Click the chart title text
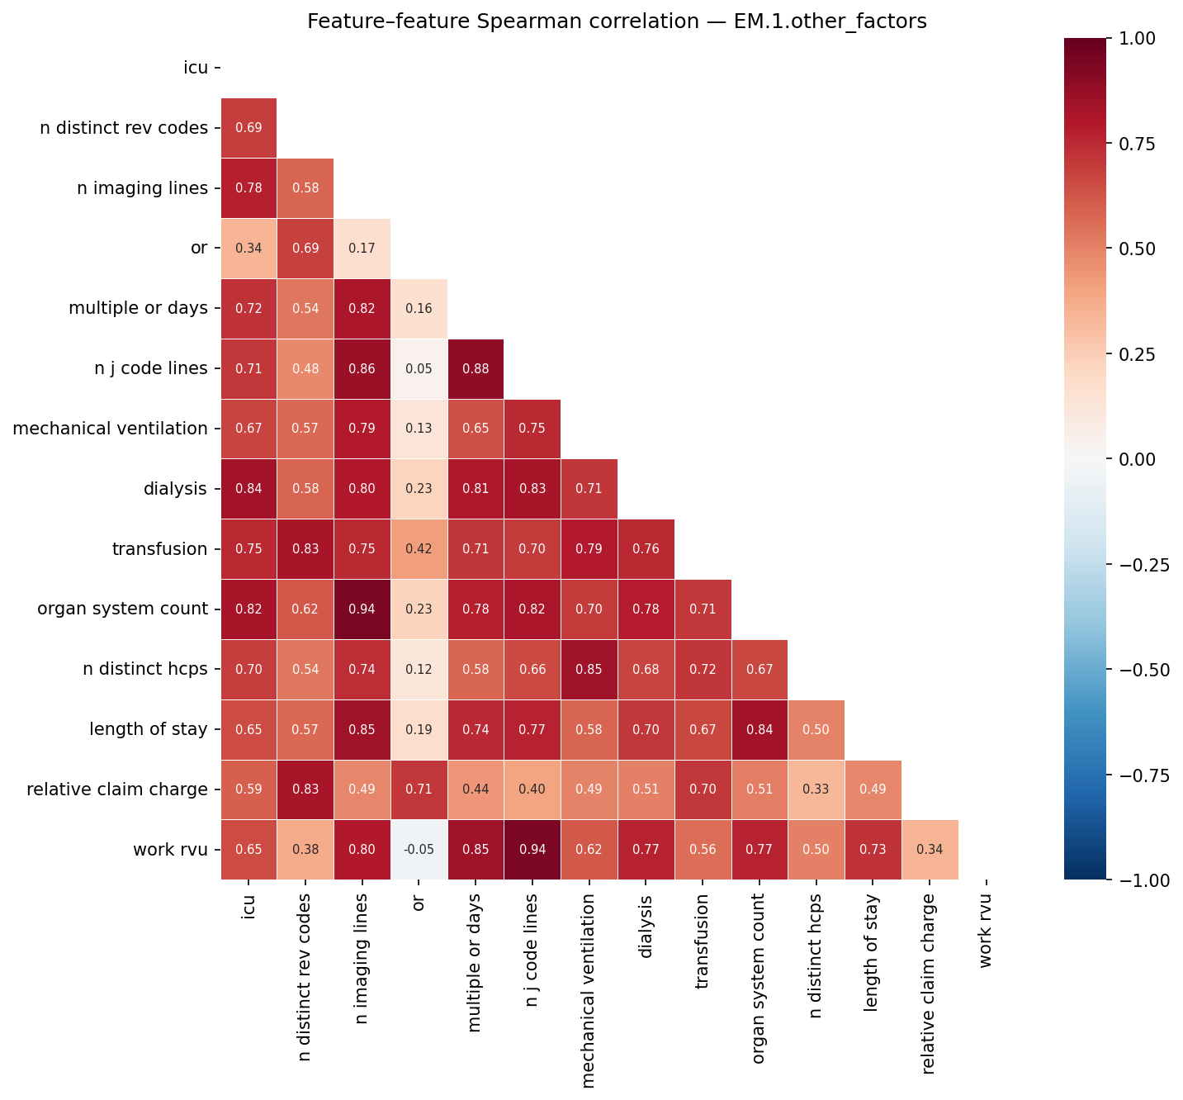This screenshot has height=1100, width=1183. point(617,21)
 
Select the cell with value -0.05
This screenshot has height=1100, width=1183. point(419,850)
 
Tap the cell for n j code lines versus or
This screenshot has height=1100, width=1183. point(419,368)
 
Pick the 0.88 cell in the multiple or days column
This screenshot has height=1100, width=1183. point(476,368)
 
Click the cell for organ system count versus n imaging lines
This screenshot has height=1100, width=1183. point(362,609)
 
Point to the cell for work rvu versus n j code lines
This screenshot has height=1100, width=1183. point(532,850)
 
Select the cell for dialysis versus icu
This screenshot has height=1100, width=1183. point(248,489)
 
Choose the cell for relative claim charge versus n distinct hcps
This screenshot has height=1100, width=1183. point(816,789)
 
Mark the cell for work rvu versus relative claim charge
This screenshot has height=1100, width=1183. point(930,850)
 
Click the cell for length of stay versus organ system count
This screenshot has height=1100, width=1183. point(759,729)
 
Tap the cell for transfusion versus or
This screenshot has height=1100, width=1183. point(419,549)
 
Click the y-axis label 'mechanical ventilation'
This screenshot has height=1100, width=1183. point(110,429)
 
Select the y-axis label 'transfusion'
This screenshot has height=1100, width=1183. point(159,549)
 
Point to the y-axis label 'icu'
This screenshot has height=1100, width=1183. point(196,68)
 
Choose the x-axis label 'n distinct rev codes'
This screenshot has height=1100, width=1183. point(305,965)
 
